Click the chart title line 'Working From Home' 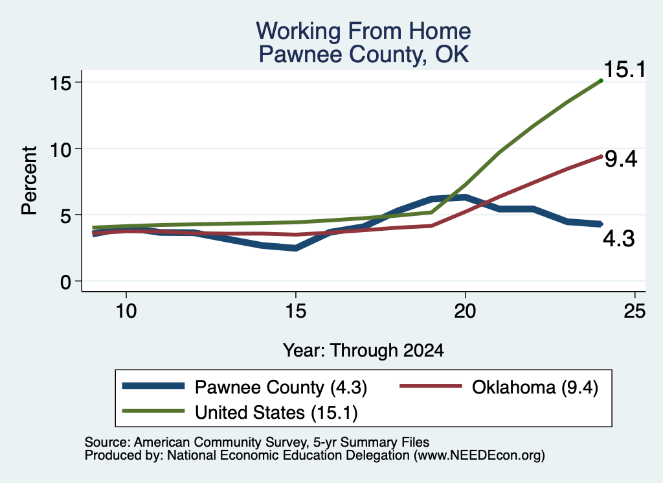coord(363,31)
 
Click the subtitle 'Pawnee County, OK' coord(364,54)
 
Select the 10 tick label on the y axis coord(60,149)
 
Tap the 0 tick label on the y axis coord(65,281)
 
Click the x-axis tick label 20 coord(465,311)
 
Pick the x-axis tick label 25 coord(635,311)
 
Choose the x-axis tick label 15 coord(295,311)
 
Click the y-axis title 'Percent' coord(30,180)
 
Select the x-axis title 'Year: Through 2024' coord(363,351)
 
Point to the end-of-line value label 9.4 coord(620,159)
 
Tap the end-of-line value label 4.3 coord(618,239)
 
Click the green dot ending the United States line coord(601,80)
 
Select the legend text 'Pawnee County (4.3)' coord(281,387)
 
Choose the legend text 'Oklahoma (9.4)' coord(535,387)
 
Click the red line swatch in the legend coord(431,386)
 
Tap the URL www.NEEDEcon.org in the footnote coord(478,456)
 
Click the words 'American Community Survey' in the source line coord(220,442)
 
